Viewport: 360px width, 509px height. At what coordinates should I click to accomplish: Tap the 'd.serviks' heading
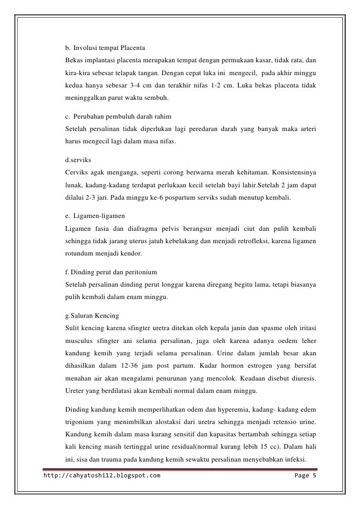[78, 161]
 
